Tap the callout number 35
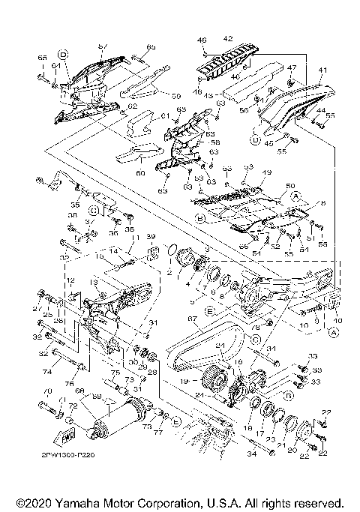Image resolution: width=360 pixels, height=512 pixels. [75, 203]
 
